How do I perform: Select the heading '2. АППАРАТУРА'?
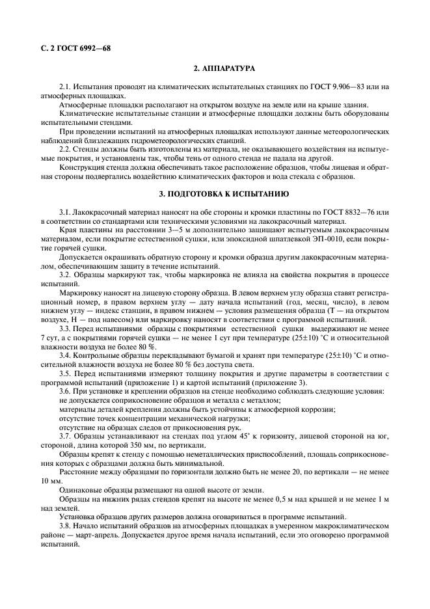click(x=224, y=68)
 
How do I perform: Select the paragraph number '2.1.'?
click(x=66, y=87)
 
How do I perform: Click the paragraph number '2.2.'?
click(x=66, y=149)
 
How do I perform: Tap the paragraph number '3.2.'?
click(x=66, y=276)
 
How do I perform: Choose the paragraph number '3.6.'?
click(x=66, y=390)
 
